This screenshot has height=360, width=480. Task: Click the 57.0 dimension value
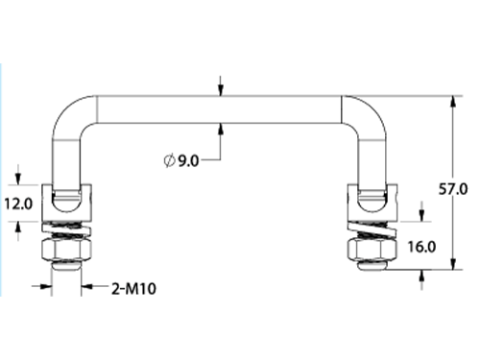tap(453, 189)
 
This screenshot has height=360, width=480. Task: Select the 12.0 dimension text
tap(18, 204)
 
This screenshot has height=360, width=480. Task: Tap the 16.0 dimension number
tap(421, 247)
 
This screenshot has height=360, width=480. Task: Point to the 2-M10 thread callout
tap(133, 289)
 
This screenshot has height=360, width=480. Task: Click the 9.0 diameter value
tap(188, 160)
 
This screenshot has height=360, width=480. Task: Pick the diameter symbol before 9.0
tap(169, 160)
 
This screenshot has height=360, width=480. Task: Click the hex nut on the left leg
tap(66, 250)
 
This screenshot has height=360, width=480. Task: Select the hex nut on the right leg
tap(372, 250)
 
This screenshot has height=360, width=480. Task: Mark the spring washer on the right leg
tap(372, 229)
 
